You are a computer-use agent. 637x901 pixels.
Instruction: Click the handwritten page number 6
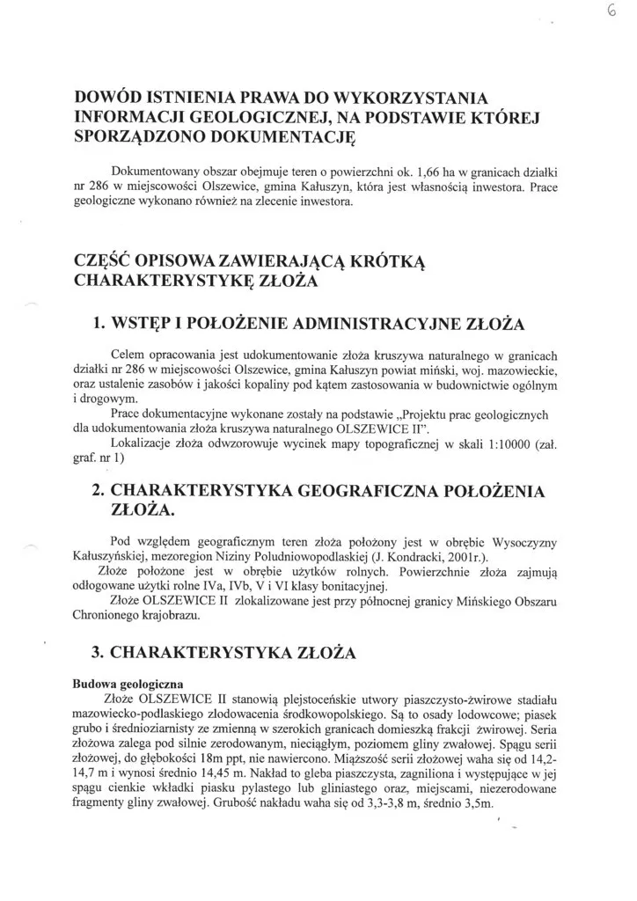tap(611, 12)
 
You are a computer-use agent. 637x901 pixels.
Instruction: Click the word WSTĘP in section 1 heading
tap(150, 325)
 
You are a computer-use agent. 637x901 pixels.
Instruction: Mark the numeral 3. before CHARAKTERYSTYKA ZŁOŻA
tap(99, 654)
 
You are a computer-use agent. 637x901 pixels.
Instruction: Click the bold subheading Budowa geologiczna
tap(128, 683)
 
